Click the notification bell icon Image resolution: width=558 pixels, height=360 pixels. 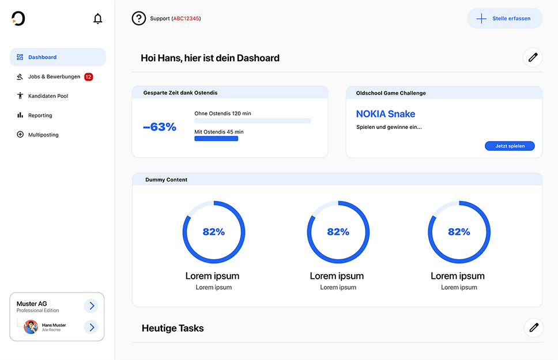pyautogui.click(x=98, y=19)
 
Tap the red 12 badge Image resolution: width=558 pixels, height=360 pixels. pyautogui.click(x=88, y=77)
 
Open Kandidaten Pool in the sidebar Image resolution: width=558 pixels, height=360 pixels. pyautogui.click(x=48, y=96)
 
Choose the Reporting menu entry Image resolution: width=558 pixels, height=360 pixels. pyautogui.click(x=40, y=115)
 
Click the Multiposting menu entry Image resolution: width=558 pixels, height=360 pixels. pyautogui.click(x=43, y=135)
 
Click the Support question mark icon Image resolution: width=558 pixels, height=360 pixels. pyautogui.click(x=139, y=18)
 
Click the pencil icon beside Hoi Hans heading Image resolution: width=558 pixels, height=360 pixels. pyautogui.click(x=533, y=58)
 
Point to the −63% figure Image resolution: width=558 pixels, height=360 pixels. pyautogui.click(x=160, y=127)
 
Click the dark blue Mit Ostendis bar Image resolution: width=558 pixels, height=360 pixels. pyautogui.click(x=216, y=139)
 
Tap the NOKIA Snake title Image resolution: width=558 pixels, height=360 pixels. pyautogui.click(x=386, y=114)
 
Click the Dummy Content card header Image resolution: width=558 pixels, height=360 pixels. pyautogui.click(x=337, y=180)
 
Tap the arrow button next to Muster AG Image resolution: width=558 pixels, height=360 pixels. pyautogui.click(x=91, y=306)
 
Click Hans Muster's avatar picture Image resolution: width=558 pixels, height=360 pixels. pyautogui.click(x=31, y=327)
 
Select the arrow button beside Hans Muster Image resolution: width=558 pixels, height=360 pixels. pyautogui.click(x=91, y=327)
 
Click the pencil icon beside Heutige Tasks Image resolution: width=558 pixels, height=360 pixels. pyautogui.click(x=533, y=328)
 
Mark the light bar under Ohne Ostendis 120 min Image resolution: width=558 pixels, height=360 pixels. pyautogui.click(x=252, y=121)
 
